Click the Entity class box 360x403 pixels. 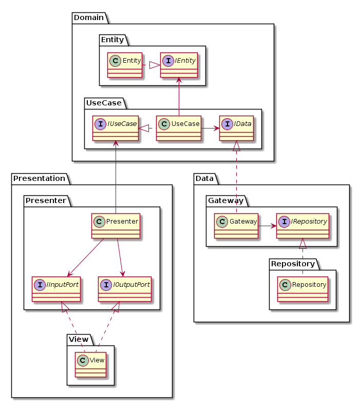[125, 65]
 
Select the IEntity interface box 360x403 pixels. [178, 65]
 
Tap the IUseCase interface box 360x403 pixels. [116, 128]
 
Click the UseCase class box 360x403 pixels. [178, 128]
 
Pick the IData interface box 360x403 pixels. [237, 128]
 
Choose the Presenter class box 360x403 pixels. [116, 226]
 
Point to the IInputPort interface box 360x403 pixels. [56, 289]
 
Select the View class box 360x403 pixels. [91, 364]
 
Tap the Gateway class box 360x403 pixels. [236, 226]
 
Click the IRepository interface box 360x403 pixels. [302, 226]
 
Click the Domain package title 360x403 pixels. [89, 18]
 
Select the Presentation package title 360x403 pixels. [40, 178]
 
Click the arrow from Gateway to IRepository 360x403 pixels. [267, 226]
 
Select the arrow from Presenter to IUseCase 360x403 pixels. [116, 175]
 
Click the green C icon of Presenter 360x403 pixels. [99, 221]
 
